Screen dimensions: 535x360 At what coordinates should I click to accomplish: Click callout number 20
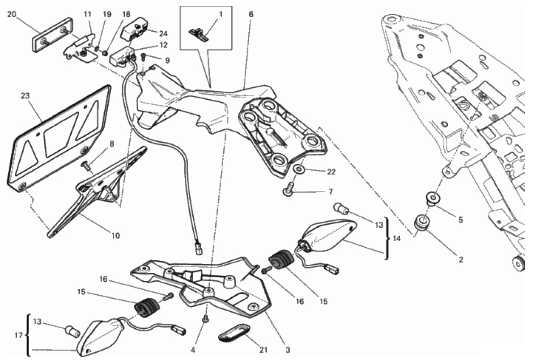pyautogui.click(x=11, y=14)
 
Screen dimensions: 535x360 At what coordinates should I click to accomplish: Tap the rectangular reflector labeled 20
pyautogui.click(x=52, y=35)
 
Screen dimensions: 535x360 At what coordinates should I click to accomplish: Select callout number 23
pyautogui.click(x=25, y=96)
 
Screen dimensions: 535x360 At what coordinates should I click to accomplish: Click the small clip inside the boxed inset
pyautogui.click(x=198, y=33)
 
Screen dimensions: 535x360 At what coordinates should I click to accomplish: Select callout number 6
pyautogui.click(x=251, y=14)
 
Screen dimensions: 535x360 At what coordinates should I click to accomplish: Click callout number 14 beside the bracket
pyautogui.click(x=396, y=238)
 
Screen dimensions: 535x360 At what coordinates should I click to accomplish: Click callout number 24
pyautogui.click(x=163, y=34)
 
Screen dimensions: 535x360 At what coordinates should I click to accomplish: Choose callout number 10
pyautogui.click(x=115, y=235)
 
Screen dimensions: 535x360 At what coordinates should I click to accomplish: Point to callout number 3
pyautogui.click(x=288, y=350)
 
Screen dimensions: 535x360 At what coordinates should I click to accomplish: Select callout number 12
pyautogui.click(x=163, y=45)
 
